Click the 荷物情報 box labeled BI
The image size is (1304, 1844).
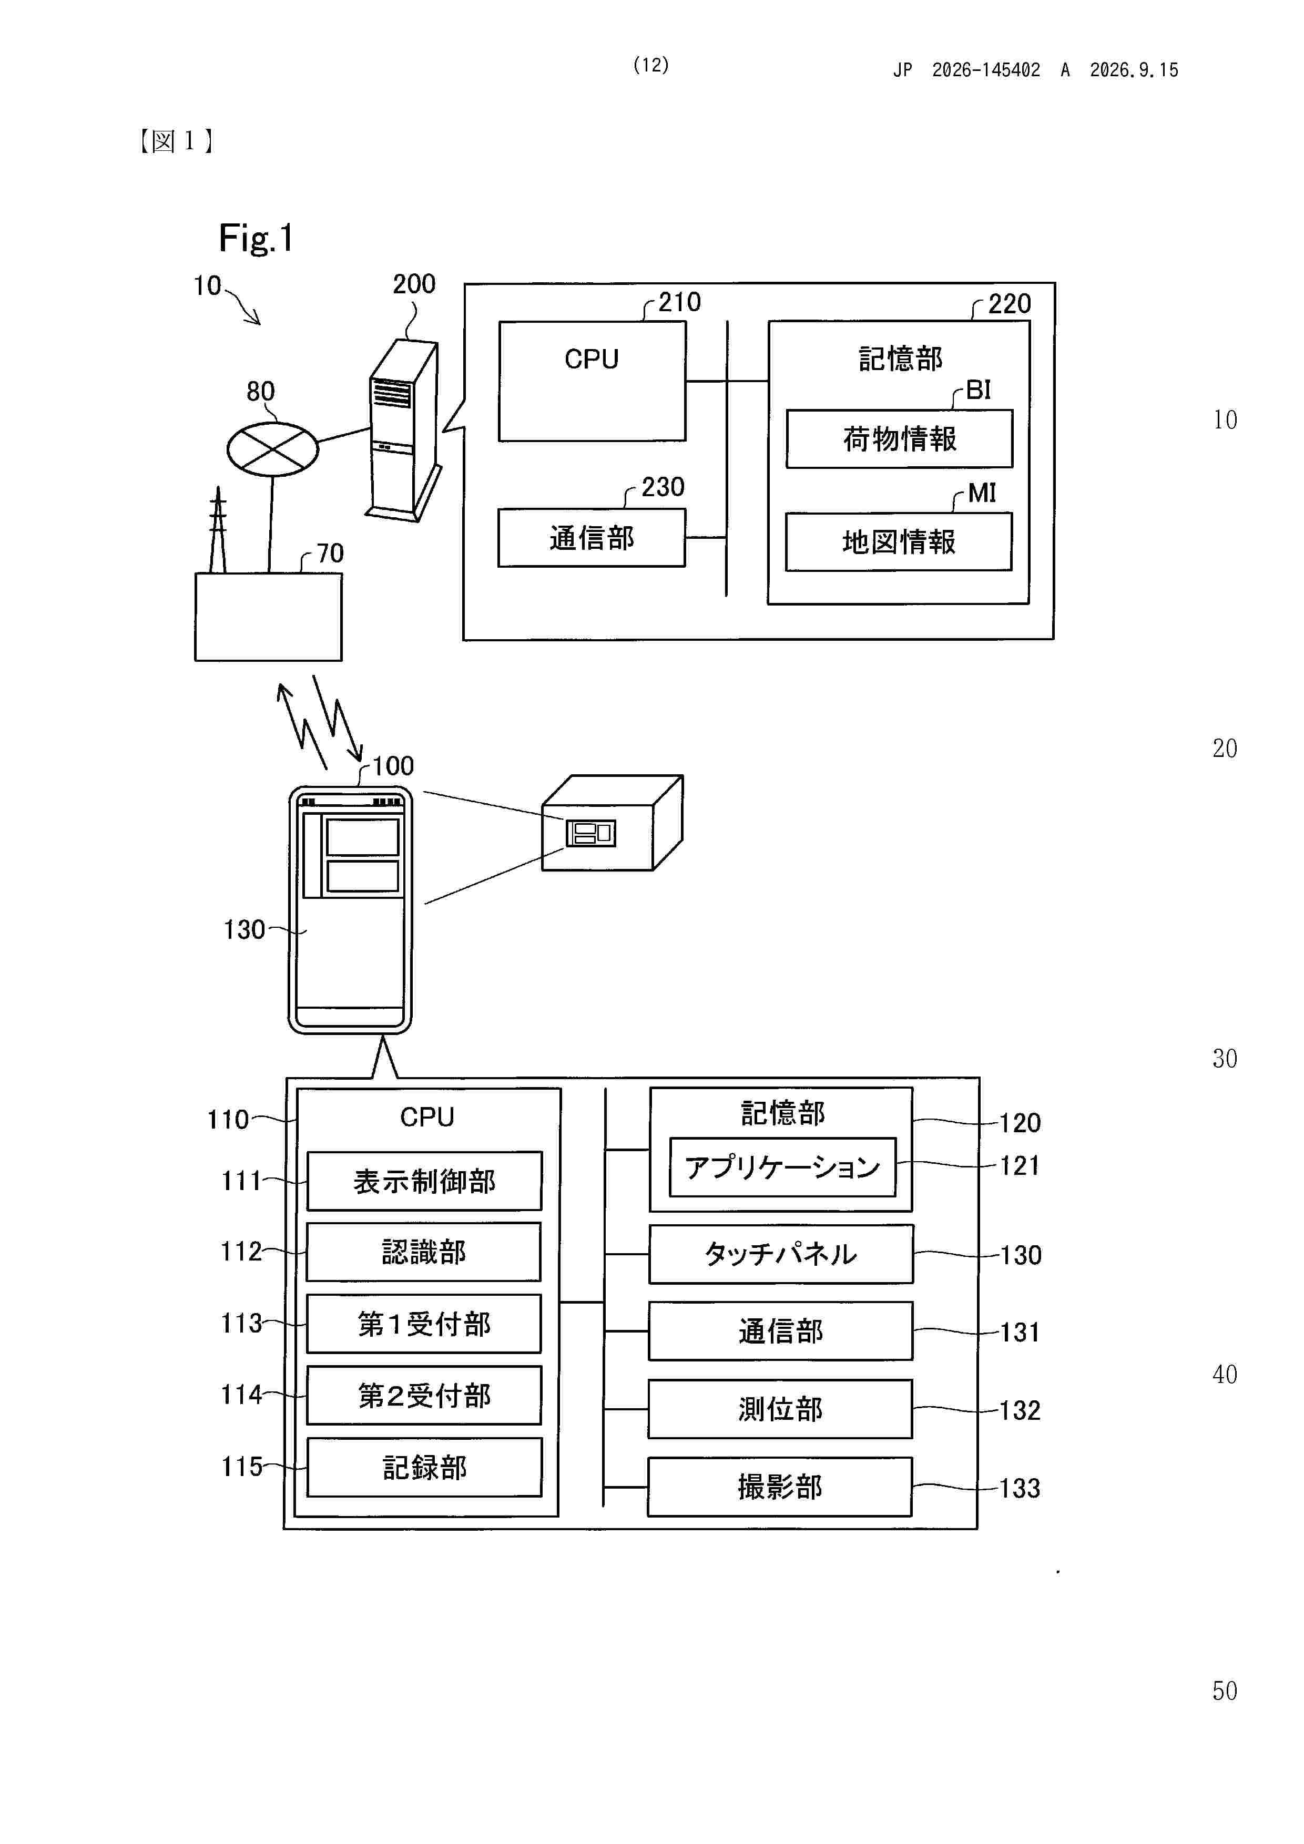tap(899, 438)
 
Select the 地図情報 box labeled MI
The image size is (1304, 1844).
tap(898, 542)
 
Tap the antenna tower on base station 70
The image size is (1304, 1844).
tap(218, 529)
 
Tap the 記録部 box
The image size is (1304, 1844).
tap(424, 1467)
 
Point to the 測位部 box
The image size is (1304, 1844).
tap(780, 1409)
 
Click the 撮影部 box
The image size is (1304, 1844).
tap(779, 1487)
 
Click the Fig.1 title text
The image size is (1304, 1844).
tap(256, 239)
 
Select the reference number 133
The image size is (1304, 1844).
tap(1020, 1488)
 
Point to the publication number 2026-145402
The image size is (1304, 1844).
tap(986, 70)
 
